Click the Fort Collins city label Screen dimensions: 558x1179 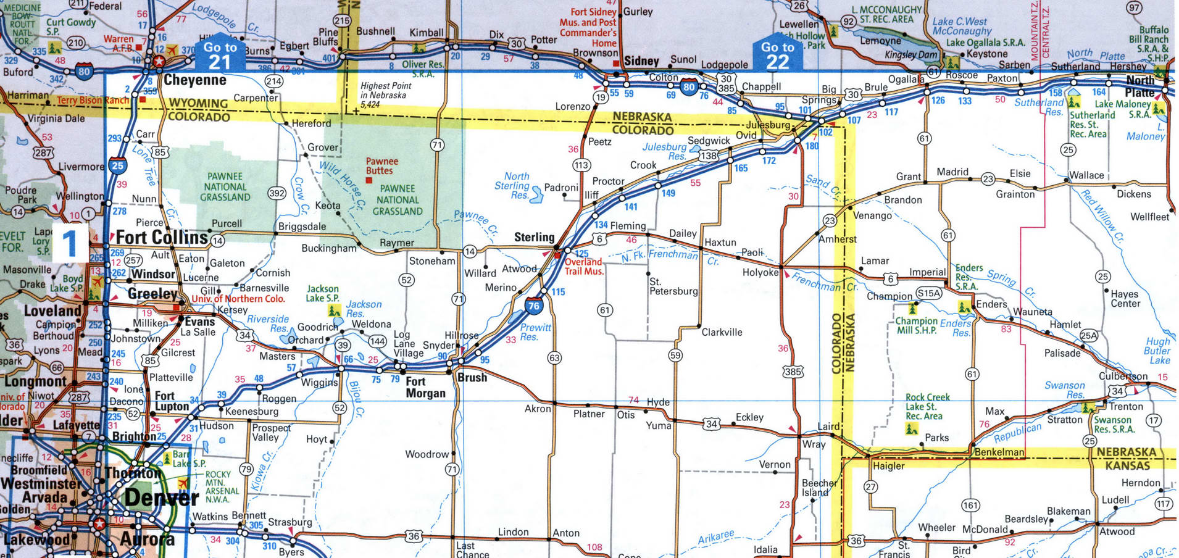point(162,238)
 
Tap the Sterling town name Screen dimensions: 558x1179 point(534,237)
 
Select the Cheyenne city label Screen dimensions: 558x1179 point(194,80)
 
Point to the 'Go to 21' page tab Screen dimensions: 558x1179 point(220,56)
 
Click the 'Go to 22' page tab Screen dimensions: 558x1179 point(777,56)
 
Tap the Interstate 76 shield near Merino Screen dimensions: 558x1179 point(533,305)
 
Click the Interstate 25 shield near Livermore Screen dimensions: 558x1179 point(117,165)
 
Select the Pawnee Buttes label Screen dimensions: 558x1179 point(382,166)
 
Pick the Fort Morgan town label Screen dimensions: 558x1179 point(425,387)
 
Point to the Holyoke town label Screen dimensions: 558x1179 point(760,272)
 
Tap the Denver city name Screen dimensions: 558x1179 point(161,498)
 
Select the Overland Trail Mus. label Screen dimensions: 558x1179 point(584,267)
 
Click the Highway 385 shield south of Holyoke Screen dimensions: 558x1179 point(793,372)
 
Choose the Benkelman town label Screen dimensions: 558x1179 point(999,452)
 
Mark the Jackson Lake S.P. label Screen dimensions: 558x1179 point(323,293)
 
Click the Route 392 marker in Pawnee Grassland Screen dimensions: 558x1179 point(277,193)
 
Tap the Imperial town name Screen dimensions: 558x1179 point(927,272)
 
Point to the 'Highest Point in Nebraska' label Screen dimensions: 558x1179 point(386,95)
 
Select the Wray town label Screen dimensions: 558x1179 point(814,444)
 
